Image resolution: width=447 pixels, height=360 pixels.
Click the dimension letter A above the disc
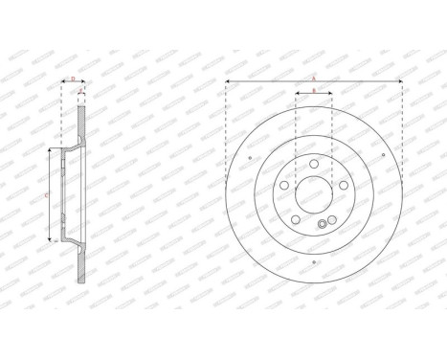pyautogui.click(x=314, y=78)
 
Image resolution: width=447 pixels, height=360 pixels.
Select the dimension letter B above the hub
pyautogui.click(x=314, y=91)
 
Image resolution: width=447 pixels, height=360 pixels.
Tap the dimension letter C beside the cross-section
pyautogui.click(x=49, y=195)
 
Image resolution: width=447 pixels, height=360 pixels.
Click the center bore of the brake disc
pyautogui.click(x=314, y=194)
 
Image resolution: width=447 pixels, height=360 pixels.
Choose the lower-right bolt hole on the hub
pyautogui.click(x=332, y=219)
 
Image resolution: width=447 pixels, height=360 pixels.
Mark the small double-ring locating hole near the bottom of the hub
pyautogui.click(x=321, y=225)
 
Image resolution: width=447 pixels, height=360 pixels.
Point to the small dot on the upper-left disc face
pyautogui.click(x=250, y=158)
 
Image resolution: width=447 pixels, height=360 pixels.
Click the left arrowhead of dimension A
pyautogui.click(x=229, y=82)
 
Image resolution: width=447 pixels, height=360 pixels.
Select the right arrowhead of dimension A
pyautogui.click(x=400, y=82)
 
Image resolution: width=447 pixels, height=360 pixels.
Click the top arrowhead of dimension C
pyautogui.click(x=49, y=152)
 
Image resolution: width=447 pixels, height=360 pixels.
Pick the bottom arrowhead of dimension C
pyautogui.click(x=49, y=238)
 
